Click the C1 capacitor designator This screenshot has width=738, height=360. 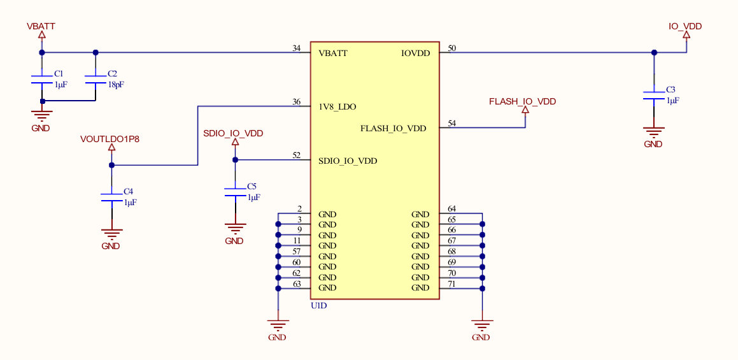click(x=59, y=74)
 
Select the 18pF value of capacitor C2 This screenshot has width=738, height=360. click(x=115, y=84)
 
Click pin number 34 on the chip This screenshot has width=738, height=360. click(x=296, y=48)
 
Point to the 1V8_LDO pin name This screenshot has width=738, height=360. click(x=337, y=106)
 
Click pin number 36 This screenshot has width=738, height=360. click(x=296, y=101)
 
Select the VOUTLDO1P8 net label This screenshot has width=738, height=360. click(x=110, y=138)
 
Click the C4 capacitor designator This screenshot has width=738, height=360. click(x=128, y=191)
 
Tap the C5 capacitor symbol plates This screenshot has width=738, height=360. click(x=235, y=192)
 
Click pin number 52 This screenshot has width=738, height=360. click(x=296, y=155)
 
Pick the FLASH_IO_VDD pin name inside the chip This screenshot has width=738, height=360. click(x=393, y=129)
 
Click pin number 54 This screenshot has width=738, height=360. click(x=452, y=123)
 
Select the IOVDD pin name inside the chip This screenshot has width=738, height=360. click(x=415, y=54)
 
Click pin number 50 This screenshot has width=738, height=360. click(x=452, y=48)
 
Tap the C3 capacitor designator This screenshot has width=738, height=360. click(x=671, y=90)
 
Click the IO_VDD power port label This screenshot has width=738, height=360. click(x=685, y=26)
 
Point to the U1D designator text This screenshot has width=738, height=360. click(x=318, y=306)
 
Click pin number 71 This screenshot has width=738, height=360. click(x=452, y=283)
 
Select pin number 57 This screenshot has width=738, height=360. click(x=297, y=251)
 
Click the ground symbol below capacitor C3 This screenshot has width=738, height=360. click(x=653, y=133)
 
